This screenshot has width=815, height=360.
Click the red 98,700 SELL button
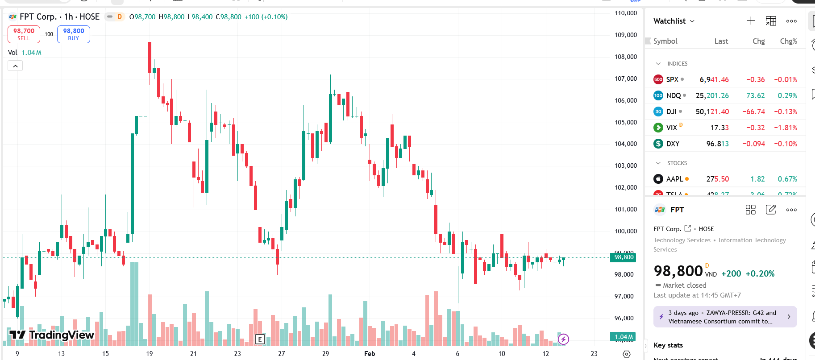coord(24,34)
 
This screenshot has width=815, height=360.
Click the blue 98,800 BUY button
coord(74,34)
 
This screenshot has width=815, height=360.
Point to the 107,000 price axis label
coord(626,79)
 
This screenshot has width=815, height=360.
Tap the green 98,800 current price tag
coord(623,257)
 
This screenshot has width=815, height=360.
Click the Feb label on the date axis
coord(370,354)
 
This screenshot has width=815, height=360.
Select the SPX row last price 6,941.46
coord(714,79)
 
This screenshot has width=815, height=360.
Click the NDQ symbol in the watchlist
coord(673,95)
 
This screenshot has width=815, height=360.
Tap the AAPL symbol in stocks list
coord(674,179)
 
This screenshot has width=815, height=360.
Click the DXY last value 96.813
coord(717,144)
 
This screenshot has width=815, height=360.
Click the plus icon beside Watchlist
coord(751,21)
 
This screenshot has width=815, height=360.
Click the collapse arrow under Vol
coord(15,66)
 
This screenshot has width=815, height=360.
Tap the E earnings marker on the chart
coord(260,339)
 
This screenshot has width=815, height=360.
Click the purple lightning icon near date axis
coord(563,339)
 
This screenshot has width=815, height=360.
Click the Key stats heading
coord(668,345)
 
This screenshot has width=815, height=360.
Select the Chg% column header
coord(788,41)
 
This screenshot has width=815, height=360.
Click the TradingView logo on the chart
coord(52,335)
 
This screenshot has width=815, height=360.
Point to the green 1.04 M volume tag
coord(623,337)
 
